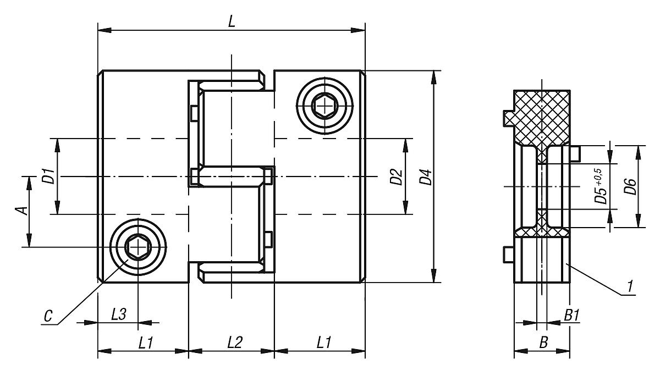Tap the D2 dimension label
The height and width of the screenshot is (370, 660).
pyautogui.click(x=396, y=177)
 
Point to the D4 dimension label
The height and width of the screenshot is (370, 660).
pyautogui.click(x=425, y=178)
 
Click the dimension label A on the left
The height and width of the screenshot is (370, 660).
pyautogui.click(x=21, y=211)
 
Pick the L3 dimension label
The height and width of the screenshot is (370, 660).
pyautogui.click(x=118, y=314)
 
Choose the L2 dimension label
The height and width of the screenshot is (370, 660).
pyautogui.click(x=234, y=343)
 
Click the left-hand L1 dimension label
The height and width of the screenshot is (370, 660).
pyautogui.click(x=145, y=343)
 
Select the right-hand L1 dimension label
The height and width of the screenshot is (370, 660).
pyautogui.click(x=323, y=343)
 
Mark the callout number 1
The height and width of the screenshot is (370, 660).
pyautogui.click(x=631, y=286)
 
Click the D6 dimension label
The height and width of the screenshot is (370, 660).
pyautogui.click(x=630, y=187)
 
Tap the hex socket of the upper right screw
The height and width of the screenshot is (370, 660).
pyautogui.click(x=324, y=104)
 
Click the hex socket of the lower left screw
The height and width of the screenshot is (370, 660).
pyautogui.click(x=137, y=248)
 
